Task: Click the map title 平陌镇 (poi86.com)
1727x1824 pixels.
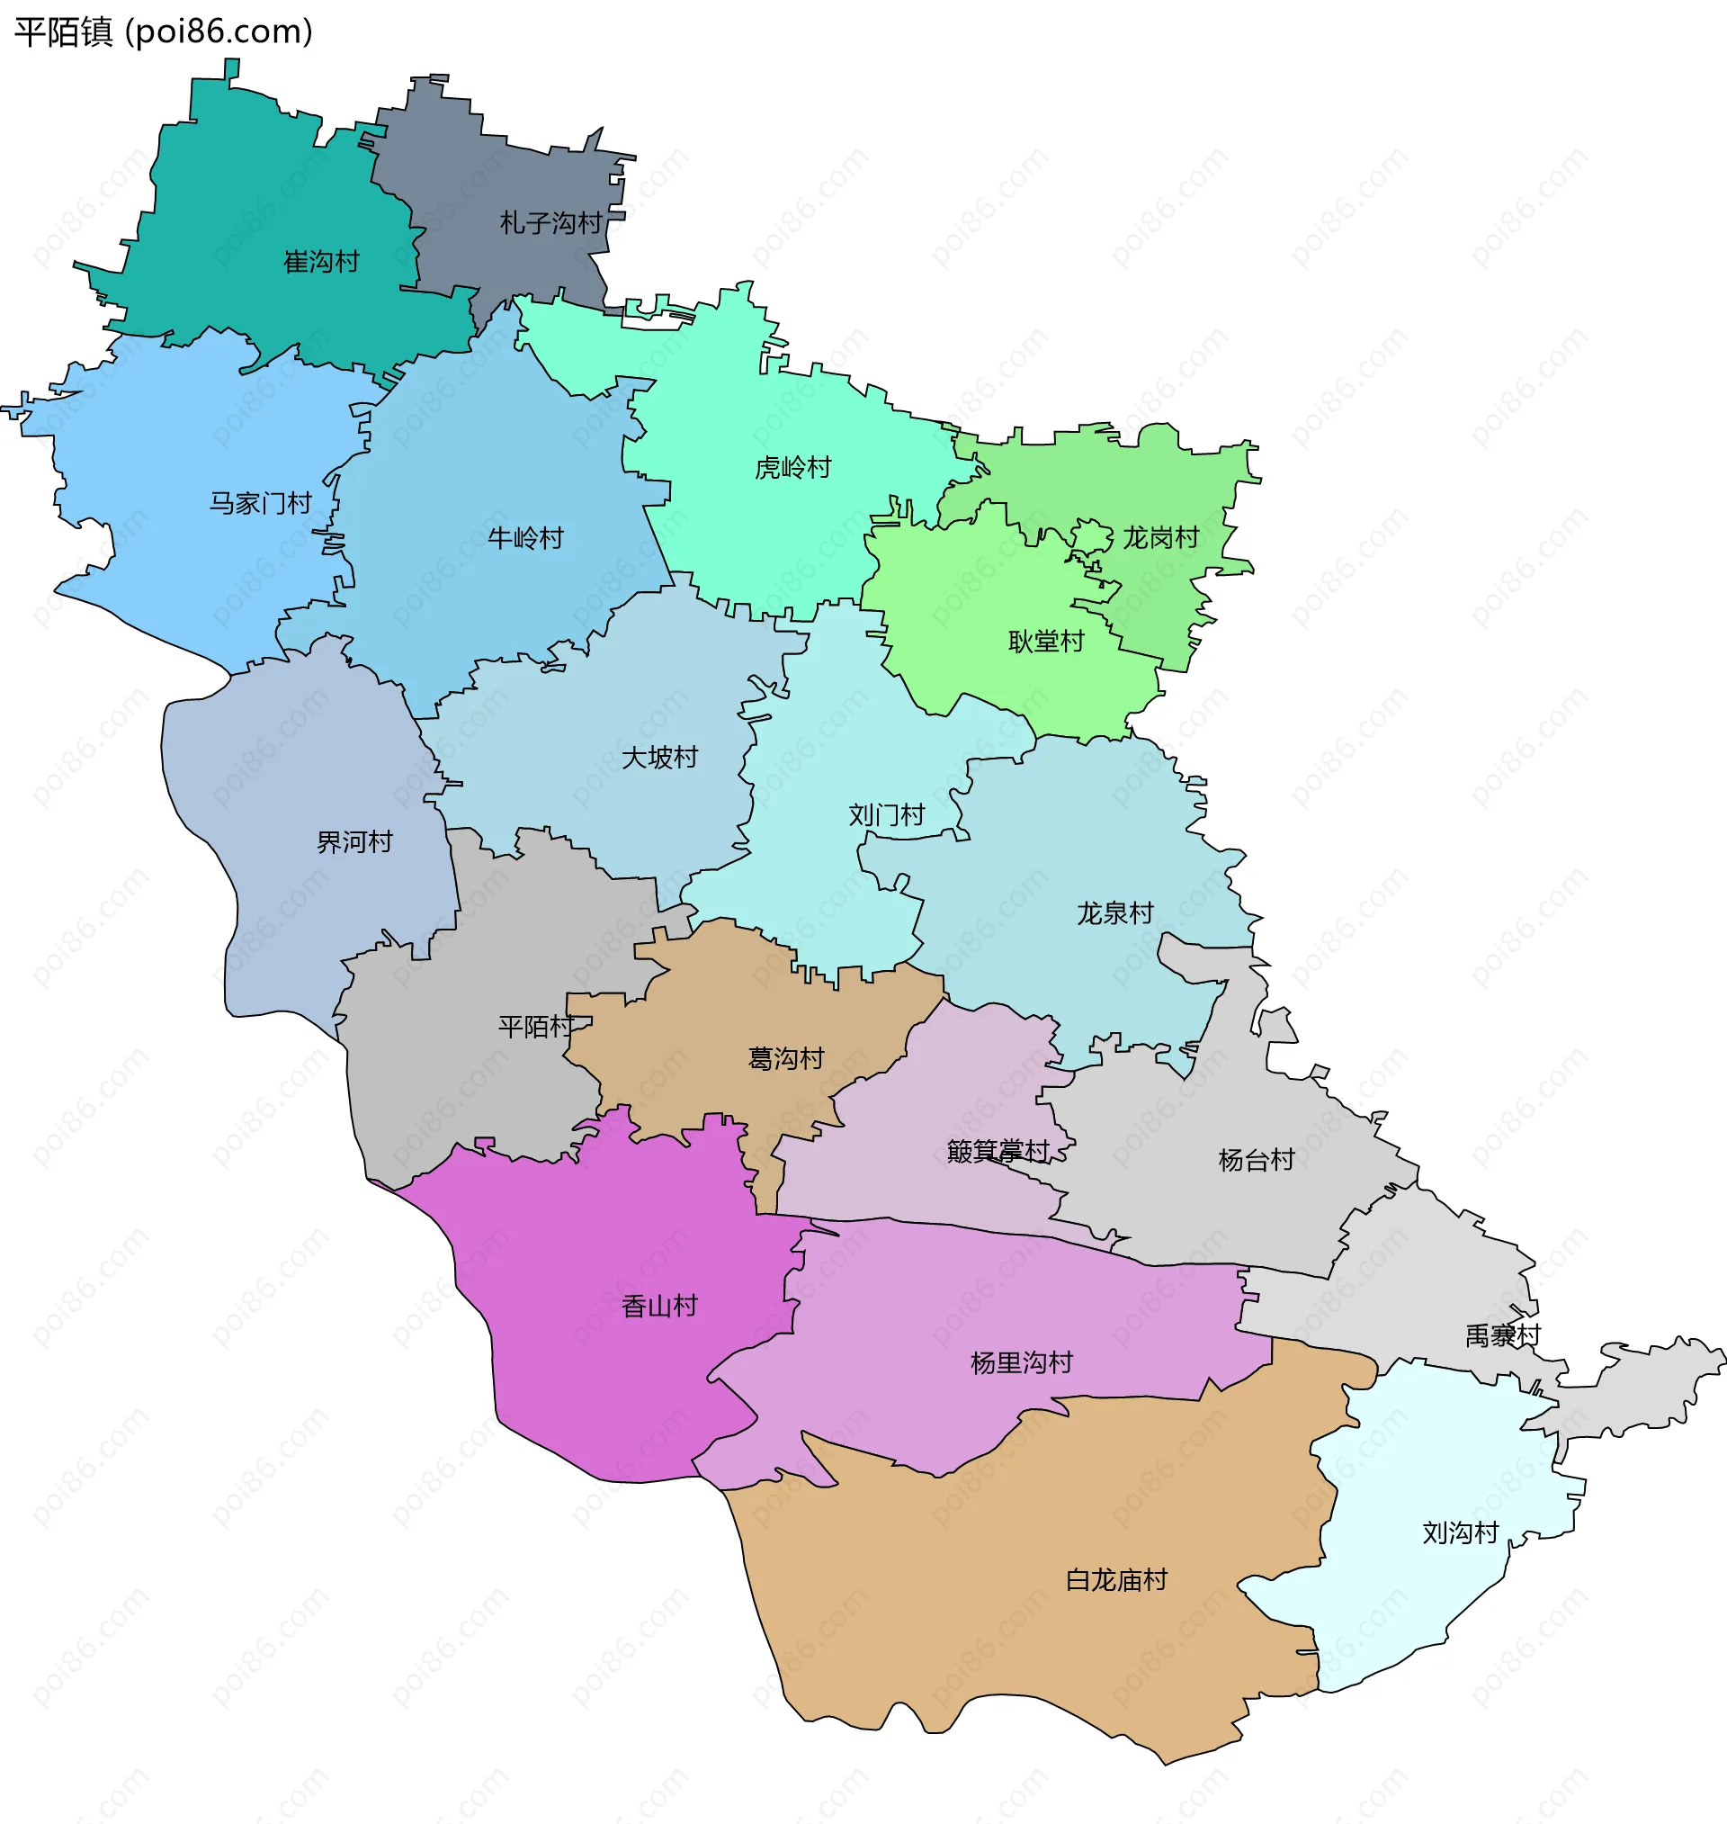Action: coord(164,32)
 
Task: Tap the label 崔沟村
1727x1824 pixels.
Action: coord(320,263)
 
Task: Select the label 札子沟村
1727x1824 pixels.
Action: coord(550,223)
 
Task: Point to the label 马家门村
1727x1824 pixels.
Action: coord(261,504)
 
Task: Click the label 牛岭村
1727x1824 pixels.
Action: coord(524,539)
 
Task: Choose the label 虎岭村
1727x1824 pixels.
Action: coord(792,468)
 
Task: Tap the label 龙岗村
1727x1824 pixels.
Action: coord(1160,538)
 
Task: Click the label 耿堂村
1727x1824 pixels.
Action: coord(1046,642)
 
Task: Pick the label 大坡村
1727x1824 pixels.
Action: coord(659,758)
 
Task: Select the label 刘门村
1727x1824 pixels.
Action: coord(886,816)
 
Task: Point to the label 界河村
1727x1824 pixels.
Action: coord(354,842)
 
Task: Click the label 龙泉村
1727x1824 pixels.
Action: coord(1114,913)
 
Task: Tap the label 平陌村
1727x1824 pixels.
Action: coord(536,1027)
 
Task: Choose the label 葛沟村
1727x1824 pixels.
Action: coord(785,1059)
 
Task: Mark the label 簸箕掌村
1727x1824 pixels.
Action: coord(998,1151)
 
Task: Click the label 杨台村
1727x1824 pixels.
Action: coord(1256,1160)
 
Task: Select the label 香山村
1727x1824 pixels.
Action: coord(659,1307)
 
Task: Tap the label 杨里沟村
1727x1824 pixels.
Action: coord(1021,1362)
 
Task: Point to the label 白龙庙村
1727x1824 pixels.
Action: coord(1115,1581)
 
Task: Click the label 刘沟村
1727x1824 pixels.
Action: coord(1460,1533)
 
